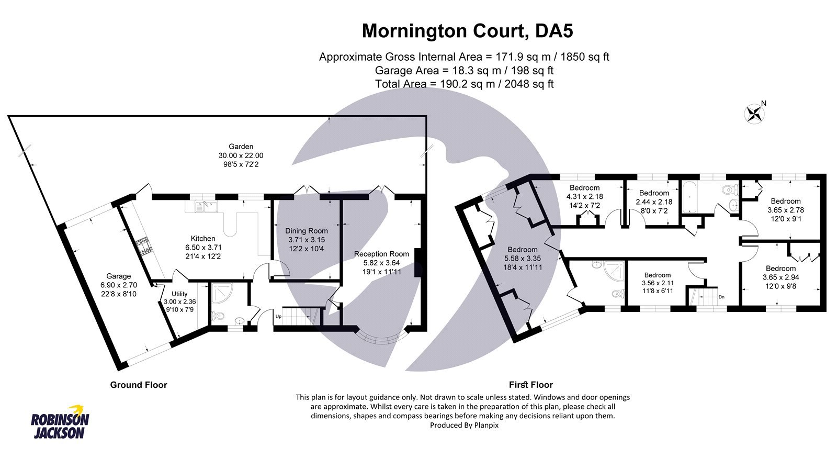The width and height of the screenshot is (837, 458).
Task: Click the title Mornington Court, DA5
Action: point(467,31)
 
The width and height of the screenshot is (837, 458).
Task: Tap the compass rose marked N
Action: point(754,114)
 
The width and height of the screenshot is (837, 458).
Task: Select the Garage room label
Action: point(118,276)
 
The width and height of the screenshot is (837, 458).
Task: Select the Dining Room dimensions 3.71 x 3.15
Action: point(306,240)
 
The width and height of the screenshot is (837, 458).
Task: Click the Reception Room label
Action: point(381,254)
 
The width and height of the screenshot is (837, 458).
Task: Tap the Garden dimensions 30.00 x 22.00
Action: point(241,155)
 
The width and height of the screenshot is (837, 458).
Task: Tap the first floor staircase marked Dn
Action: point(703,297)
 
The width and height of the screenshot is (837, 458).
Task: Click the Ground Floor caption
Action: point(138,385)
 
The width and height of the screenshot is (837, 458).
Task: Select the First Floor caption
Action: point(530,385)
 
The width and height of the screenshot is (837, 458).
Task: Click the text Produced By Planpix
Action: point(464,426)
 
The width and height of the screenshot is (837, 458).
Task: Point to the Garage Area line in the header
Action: point(464,70)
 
